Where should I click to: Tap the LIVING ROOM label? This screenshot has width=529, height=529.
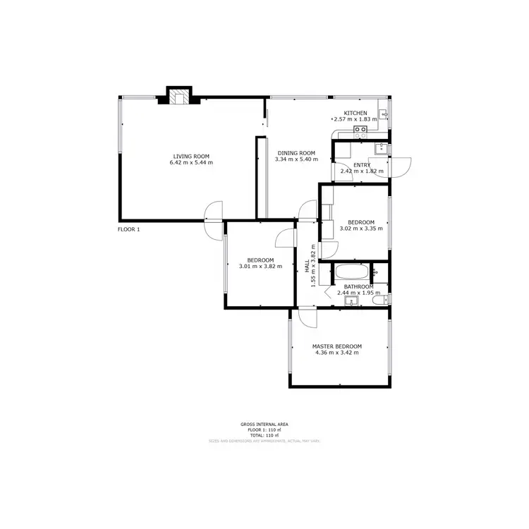tap(192, 157)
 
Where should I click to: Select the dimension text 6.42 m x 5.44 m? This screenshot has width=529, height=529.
tap(191, 163)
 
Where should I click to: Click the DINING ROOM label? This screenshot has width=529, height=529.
tap(296, 153)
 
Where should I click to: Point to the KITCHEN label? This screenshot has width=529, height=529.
tap(355, 114)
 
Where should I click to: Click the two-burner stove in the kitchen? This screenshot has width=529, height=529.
tap(360, 129)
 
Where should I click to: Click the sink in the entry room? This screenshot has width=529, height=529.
tap(381, 147)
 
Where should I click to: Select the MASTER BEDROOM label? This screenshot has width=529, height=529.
tap(337, 346)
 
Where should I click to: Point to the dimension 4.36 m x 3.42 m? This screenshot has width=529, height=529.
tap(337, 353)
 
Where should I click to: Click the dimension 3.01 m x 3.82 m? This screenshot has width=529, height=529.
tap(260, 266)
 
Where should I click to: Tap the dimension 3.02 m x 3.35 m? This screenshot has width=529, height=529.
tap(361, 229)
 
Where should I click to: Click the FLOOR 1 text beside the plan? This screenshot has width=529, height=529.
tap(129, 229)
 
